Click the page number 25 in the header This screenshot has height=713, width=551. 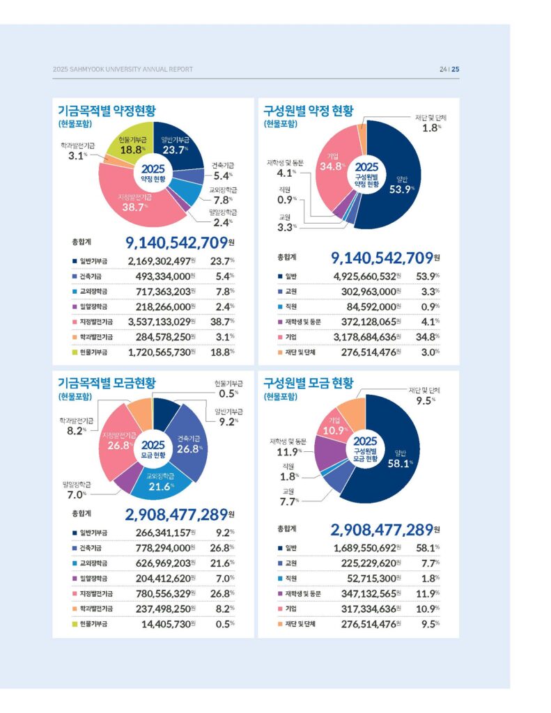coord(455,69)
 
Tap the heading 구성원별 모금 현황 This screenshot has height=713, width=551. coord(309,382)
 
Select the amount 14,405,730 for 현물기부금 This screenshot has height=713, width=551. coord(166,623)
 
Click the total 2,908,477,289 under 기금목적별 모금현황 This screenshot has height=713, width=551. coord(176,515)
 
